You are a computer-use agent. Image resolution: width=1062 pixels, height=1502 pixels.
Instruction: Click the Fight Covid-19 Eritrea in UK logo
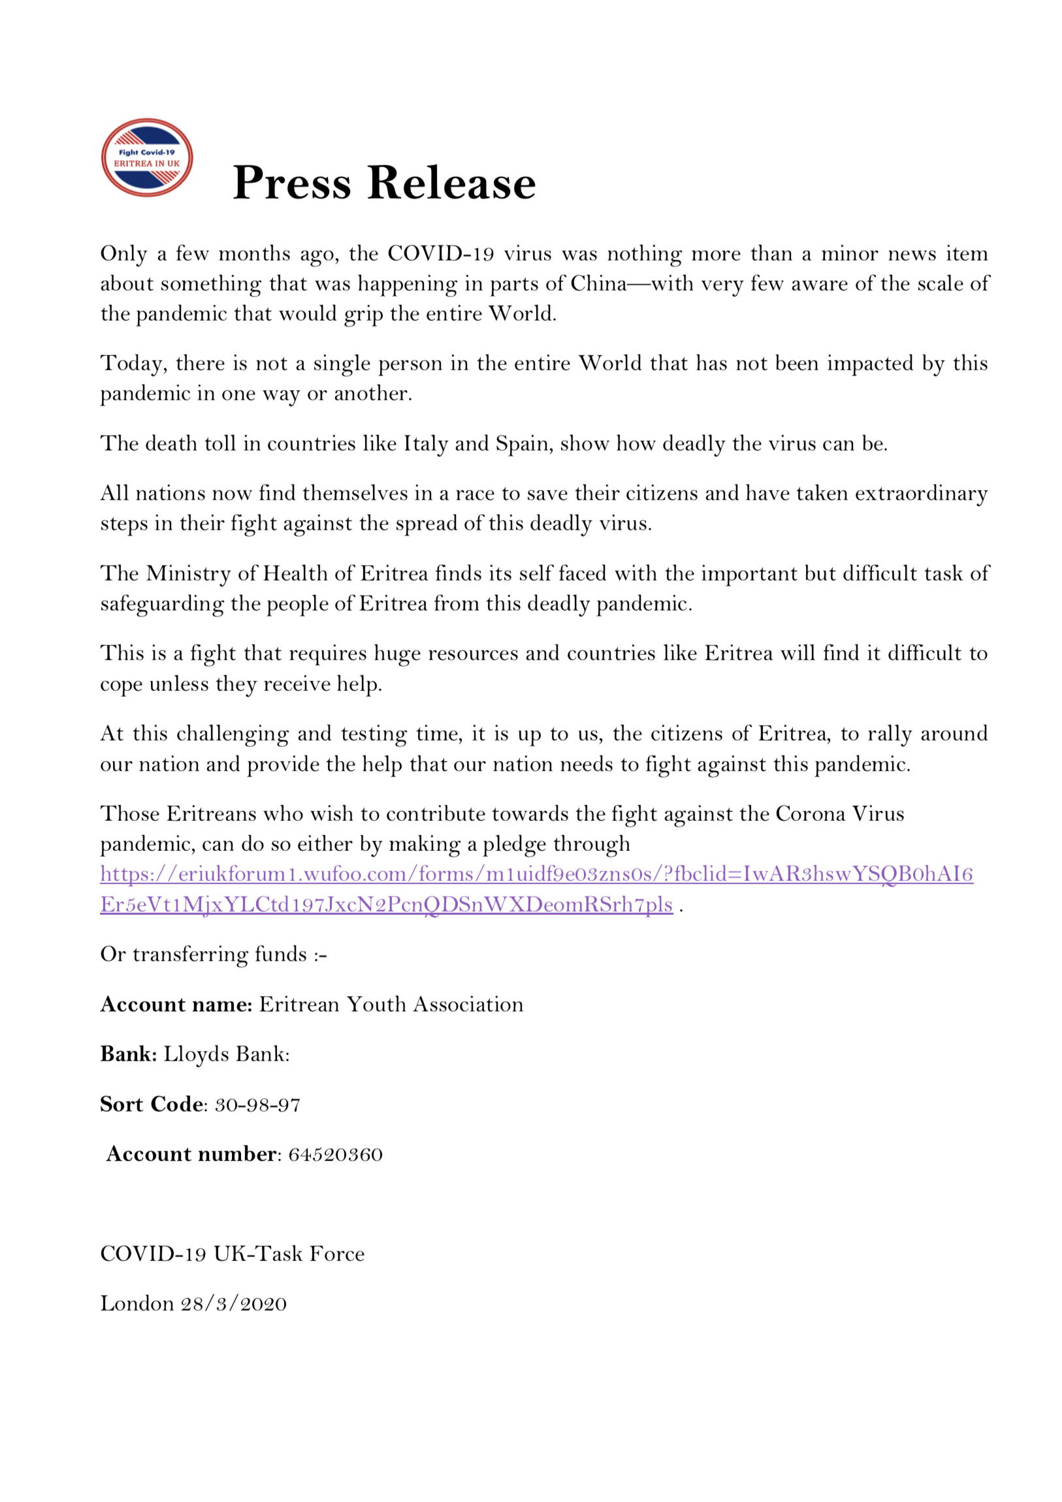pos(146,157)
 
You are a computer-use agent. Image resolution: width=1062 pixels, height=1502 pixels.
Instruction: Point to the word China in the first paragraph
pos(598,283)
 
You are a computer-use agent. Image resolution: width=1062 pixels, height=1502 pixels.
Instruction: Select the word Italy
pos(425,443)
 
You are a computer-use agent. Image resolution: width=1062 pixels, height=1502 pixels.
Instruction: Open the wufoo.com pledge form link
pos(537,874)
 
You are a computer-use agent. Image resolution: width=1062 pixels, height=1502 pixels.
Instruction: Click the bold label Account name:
pos(176,1004)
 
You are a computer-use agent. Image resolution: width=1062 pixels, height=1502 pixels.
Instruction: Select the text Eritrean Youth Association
pos(391,1004)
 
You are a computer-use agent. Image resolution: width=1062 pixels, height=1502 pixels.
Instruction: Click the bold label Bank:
pos(128,1054)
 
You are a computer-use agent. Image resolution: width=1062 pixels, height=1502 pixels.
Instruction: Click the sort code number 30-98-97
pos(258,1105)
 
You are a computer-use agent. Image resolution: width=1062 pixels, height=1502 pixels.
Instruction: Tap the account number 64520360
pos(335,1154)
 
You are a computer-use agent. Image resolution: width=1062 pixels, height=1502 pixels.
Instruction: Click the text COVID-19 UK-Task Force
pos(233,1254)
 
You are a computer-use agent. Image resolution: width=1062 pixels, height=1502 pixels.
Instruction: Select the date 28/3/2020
pos(234,1303)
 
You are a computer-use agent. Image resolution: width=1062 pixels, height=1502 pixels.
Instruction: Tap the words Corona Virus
pos(839,814)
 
